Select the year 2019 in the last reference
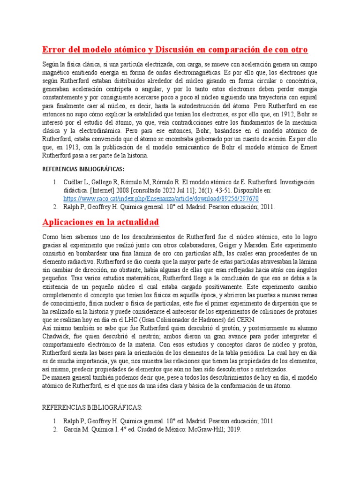click(232, 429)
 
